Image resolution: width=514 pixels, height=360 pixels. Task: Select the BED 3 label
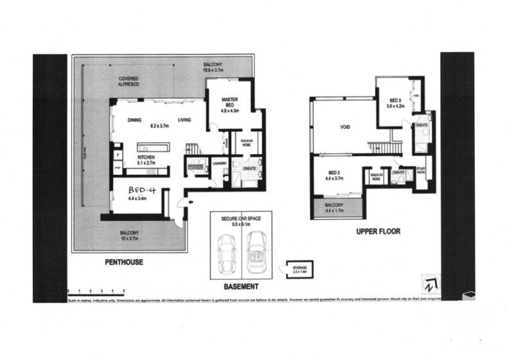tap(395, 100)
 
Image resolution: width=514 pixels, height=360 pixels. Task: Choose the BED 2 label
tap(333, 174)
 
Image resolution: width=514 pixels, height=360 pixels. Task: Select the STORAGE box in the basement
tap(299, 268)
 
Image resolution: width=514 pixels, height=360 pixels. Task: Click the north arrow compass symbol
tap(428, 283)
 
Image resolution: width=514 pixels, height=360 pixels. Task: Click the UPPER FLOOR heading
tap(378, 230)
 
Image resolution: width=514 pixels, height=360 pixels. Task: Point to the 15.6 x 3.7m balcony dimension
tap(213, 71)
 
